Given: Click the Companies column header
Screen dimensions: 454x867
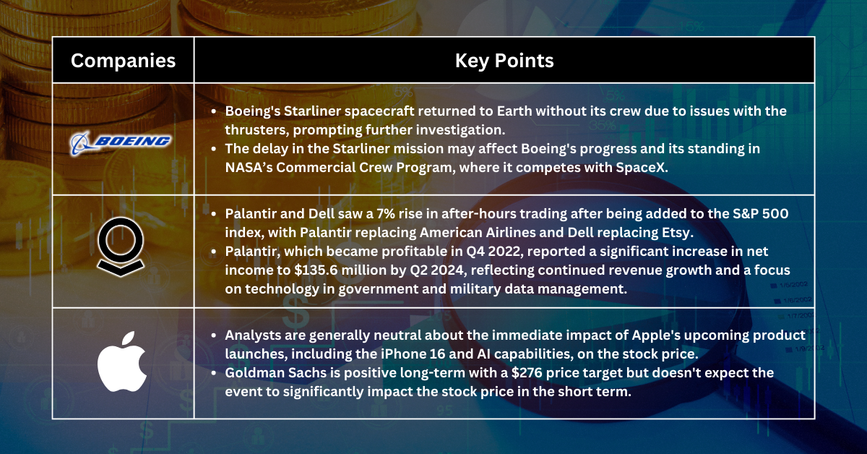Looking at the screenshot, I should pos(123,60).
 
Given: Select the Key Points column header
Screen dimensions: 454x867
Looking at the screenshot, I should pos(504,60).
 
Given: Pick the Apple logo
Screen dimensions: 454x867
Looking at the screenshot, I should pos(123,362).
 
